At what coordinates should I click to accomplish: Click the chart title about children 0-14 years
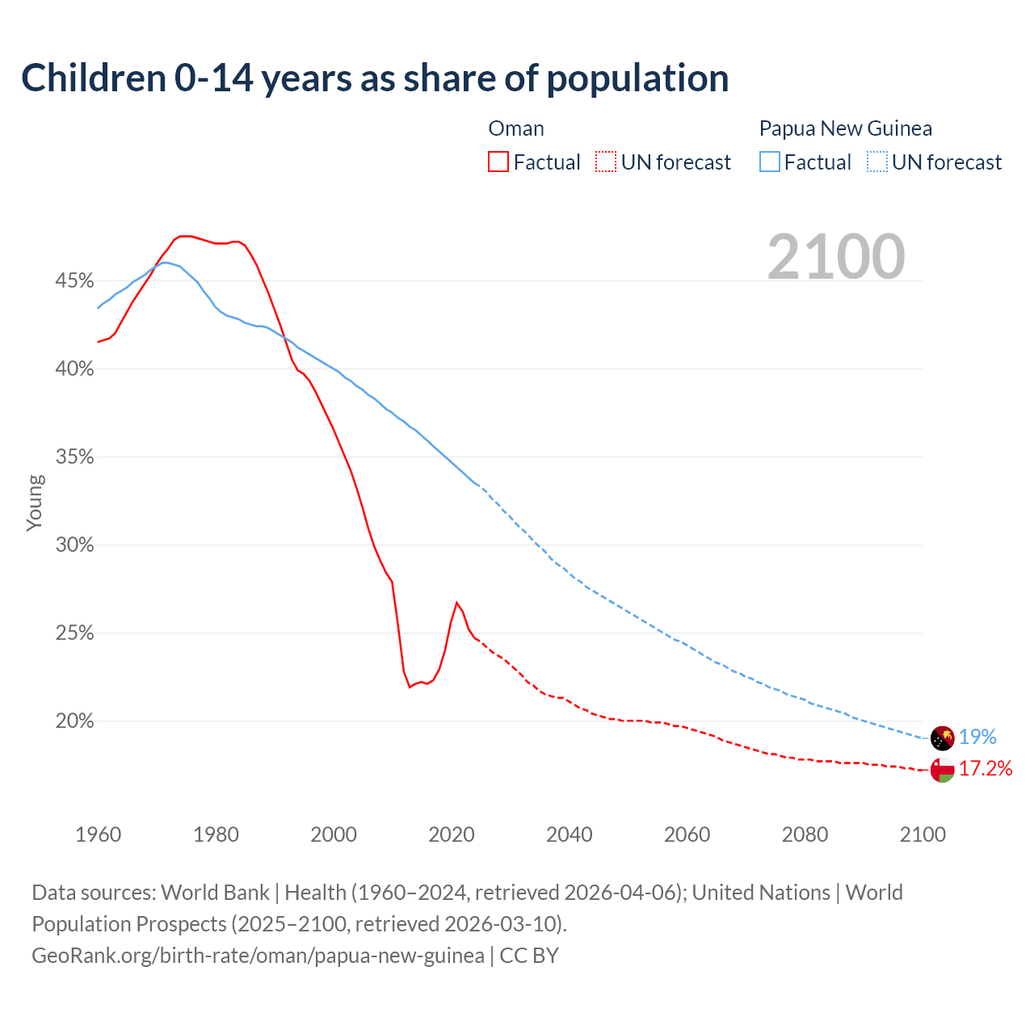375,78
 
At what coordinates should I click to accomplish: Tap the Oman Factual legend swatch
498,162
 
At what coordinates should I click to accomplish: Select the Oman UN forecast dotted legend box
606,162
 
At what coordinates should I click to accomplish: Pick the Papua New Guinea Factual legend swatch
770,162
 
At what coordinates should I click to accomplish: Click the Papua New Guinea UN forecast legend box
877,162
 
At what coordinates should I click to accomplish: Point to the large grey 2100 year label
836,257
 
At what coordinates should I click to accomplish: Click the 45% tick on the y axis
74,281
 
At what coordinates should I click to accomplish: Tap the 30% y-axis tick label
74,545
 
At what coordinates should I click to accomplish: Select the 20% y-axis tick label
74,721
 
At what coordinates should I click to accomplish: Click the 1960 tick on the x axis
98,834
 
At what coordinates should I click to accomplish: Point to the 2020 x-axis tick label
451,834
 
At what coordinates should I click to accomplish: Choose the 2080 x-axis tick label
805,834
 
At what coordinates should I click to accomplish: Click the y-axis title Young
34,502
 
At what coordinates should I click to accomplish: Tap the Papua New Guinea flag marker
942,738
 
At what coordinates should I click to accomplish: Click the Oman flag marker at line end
942,770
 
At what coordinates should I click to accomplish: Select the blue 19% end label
977,737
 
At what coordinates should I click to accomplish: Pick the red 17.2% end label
986,768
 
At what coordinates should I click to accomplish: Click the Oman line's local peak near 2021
457,603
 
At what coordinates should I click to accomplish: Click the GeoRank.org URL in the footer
258,956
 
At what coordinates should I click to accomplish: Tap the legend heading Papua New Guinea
845,128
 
